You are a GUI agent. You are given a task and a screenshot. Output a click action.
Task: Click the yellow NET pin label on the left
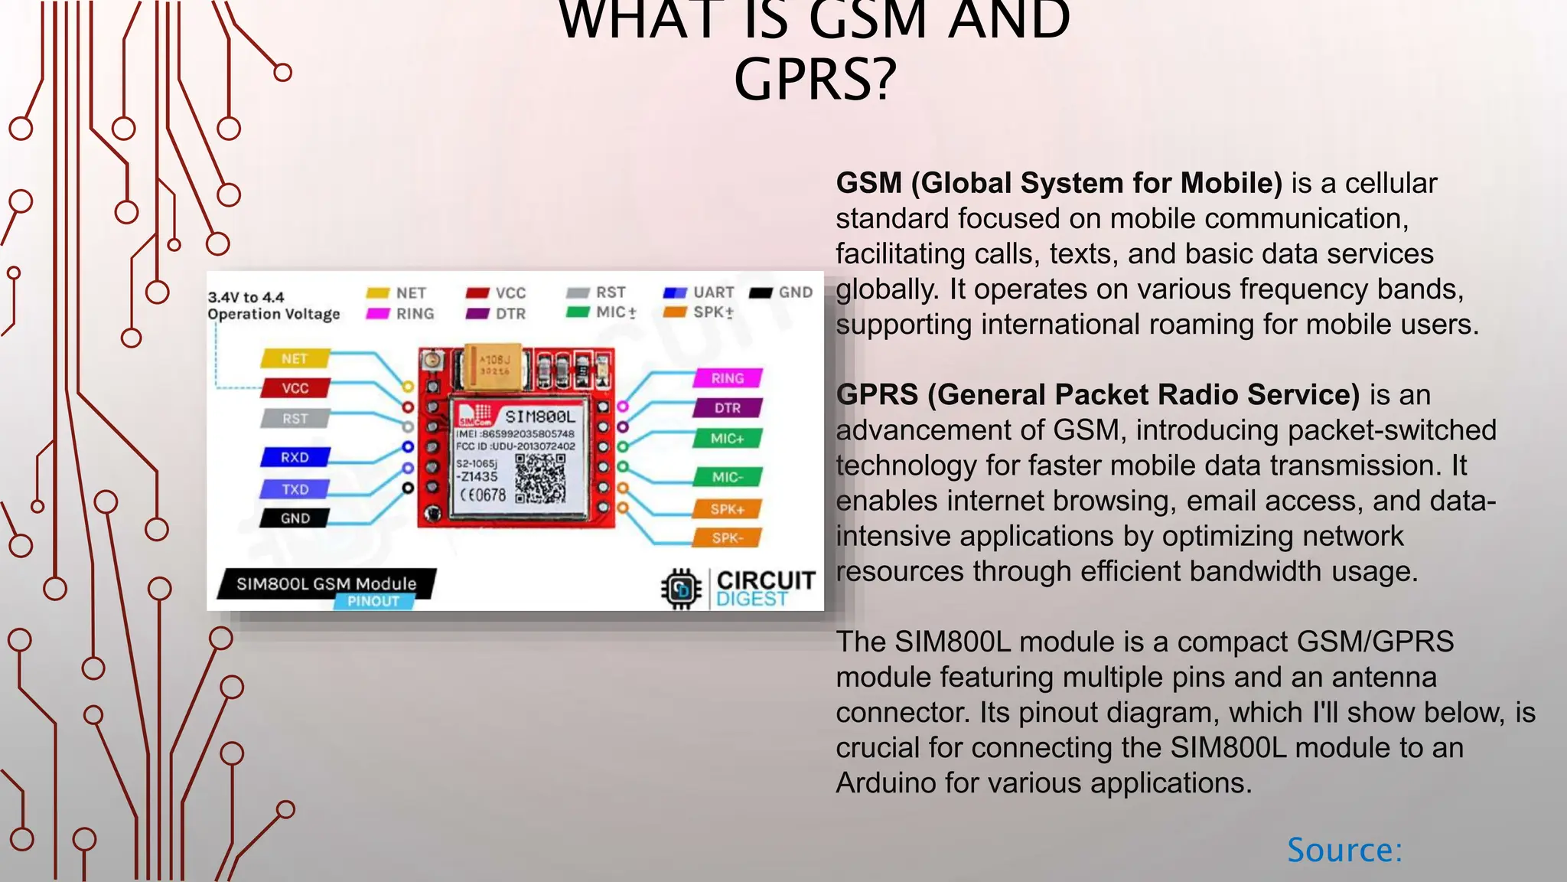[295, 358]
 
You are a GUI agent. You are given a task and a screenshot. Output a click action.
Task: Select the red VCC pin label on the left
[295, 388]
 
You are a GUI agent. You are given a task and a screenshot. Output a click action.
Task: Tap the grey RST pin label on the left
[295, 419]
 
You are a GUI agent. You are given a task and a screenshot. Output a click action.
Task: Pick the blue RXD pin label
[295, 457]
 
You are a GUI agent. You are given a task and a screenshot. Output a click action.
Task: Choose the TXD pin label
[295, 489]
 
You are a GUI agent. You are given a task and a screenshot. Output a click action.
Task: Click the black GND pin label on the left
[295, 518]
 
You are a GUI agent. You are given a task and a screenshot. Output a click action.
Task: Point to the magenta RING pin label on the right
[727, 378]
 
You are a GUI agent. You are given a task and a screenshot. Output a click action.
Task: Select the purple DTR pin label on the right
[727, 408]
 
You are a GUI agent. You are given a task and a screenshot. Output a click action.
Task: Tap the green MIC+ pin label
[727, 439]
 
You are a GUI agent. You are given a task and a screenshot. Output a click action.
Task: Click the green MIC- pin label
[727, 477]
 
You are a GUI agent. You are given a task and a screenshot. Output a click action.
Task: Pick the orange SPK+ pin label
[727, 509]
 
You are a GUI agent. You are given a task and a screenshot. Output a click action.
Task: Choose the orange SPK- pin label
[727, 538]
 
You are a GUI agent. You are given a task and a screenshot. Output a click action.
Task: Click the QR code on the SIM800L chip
[540, 478]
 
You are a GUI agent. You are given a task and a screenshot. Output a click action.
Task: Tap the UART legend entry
[699, 292]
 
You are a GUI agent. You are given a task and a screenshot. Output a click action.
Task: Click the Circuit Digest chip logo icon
[681, 589]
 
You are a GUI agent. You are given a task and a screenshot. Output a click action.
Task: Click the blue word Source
[1344, 850]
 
